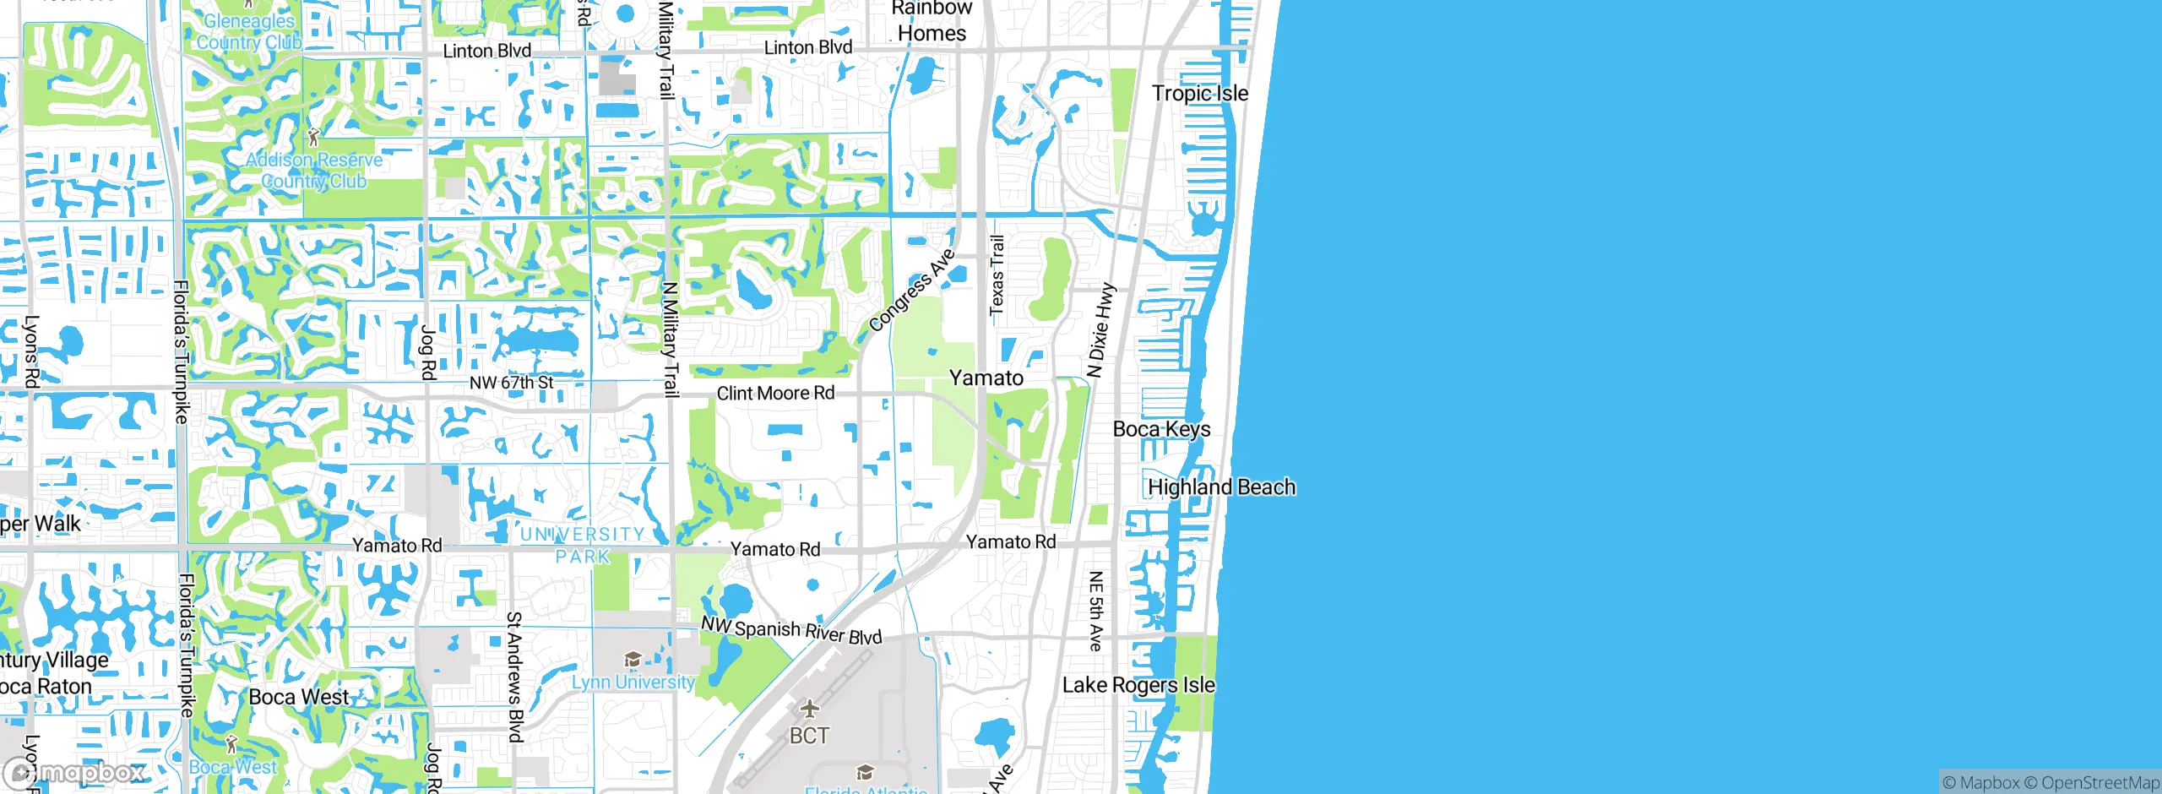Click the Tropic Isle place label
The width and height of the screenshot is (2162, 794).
tap(1199, 93)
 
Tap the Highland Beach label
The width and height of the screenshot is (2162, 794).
tap(1221, 487)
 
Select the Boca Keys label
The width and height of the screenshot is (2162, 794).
tap(1161, 429)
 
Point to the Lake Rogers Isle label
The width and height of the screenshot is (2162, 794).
tap(1138, 685)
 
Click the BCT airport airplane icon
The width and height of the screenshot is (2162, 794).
tap(809, 708)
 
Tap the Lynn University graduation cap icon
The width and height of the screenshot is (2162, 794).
tap(633, 659)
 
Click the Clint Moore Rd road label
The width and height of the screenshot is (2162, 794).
tap(775, 393)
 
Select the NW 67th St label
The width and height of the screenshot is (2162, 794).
tap(511, 383)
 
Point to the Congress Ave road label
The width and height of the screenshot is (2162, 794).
tap(911, 290)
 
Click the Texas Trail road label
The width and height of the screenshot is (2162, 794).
tap(997, 275)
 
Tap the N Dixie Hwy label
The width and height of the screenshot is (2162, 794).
tap(1100, 330)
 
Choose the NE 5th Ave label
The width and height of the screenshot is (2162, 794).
tap(1095, 611)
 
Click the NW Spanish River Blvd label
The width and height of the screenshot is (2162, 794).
tap(791, 630)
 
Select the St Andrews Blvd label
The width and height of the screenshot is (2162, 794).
tap(514, 677)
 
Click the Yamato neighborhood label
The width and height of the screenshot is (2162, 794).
tap(986, 378)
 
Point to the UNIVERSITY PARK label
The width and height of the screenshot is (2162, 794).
tap(582, 545)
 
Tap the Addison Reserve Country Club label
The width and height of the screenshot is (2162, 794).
tap(314, 171)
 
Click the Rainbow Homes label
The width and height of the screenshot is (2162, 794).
tap(932, 21)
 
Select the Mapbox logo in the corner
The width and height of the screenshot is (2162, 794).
tap(73, 772)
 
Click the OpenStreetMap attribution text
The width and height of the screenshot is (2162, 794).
tap(2100, 783)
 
